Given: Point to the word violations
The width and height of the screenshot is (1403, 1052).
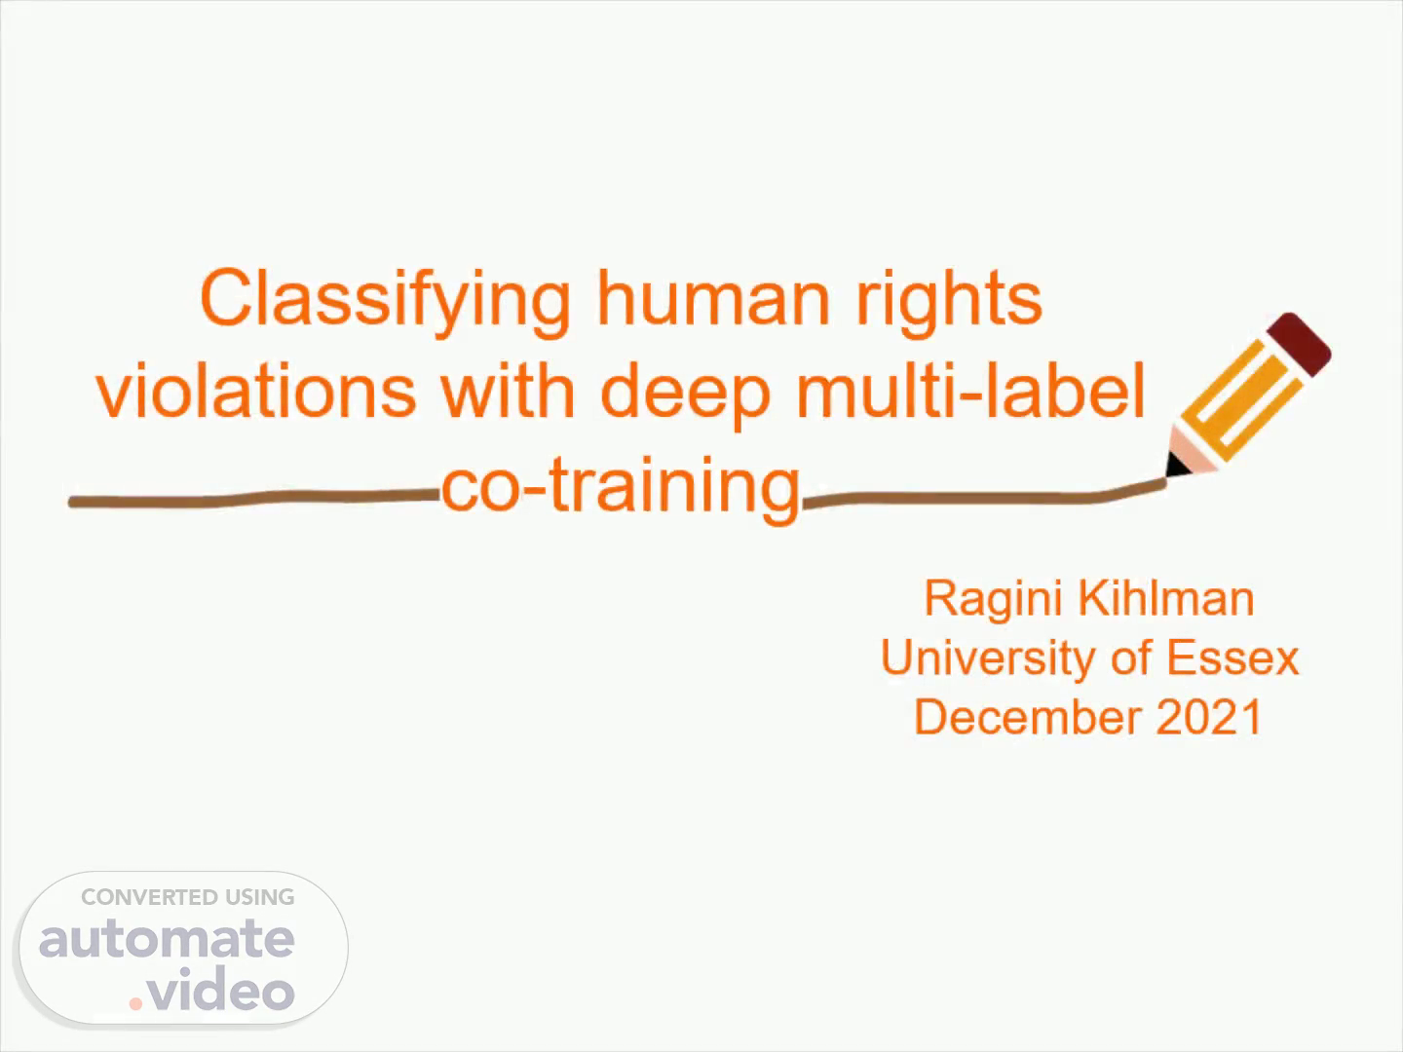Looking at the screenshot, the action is point(256,390).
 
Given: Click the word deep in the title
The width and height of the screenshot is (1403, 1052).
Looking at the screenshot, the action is point(686,395).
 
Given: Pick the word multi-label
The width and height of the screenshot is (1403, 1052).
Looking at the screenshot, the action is point(971,390).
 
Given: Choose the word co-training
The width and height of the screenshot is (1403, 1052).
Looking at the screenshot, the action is point(621,489).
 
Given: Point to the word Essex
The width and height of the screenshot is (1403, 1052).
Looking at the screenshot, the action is point(1232,657).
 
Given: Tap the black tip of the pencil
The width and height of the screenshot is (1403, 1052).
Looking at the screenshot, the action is point(1175,465).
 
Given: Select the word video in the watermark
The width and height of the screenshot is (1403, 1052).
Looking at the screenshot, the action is point(220,989).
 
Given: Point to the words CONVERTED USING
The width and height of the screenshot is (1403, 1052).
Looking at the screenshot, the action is point(188,897).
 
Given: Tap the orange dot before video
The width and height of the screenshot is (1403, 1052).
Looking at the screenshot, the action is point(135,1003).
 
